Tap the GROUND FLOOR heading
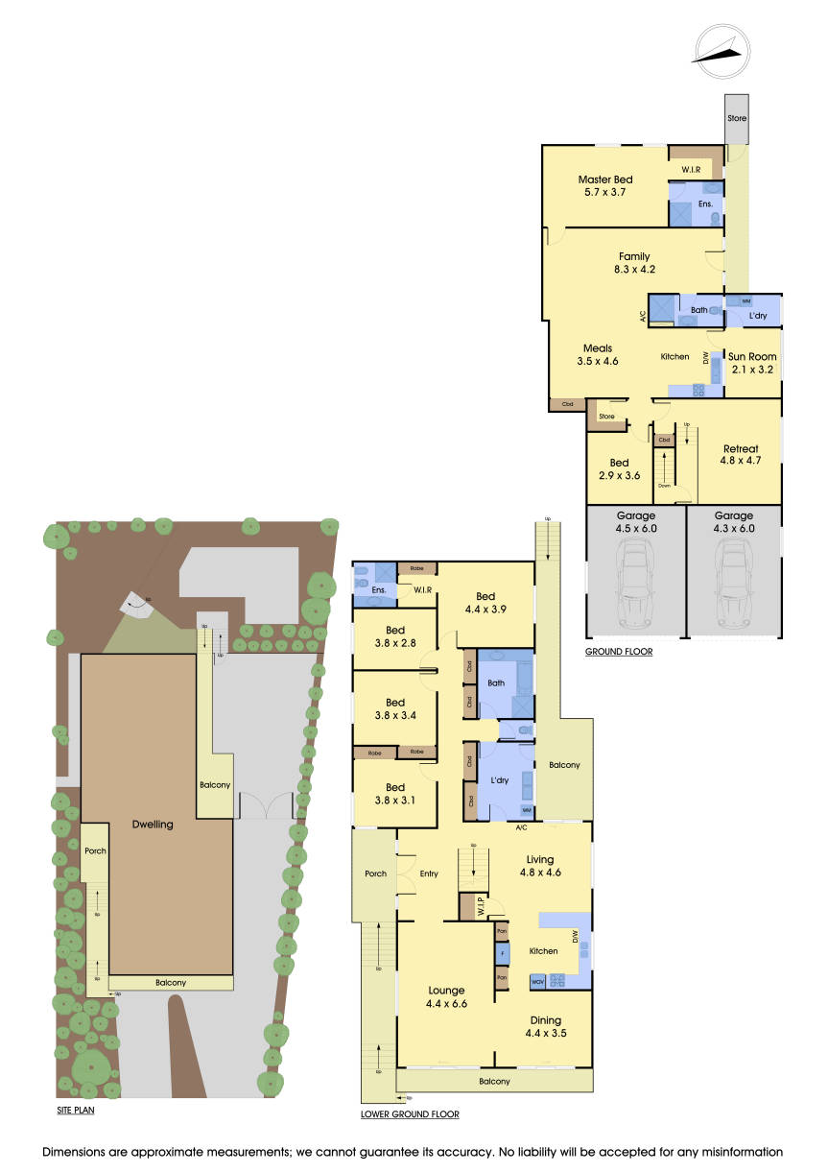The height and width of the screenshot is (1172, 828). (x=619, y=652)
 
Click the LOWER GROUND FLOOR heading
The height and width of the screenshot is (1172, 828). (x=410, y=1115)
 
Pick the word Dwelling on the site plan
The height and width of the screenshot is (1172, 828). (x=154, y=825)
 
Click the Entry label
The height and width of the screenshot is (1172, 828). (x=429, y=873)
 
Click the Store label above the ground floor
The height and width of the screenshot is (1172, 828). (x=737, y=118)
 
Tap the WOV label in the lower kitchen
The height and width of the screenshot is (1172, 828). (x=536, y=981)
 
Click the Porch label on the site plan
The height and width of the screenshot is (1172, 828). (x=95, y=850)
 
